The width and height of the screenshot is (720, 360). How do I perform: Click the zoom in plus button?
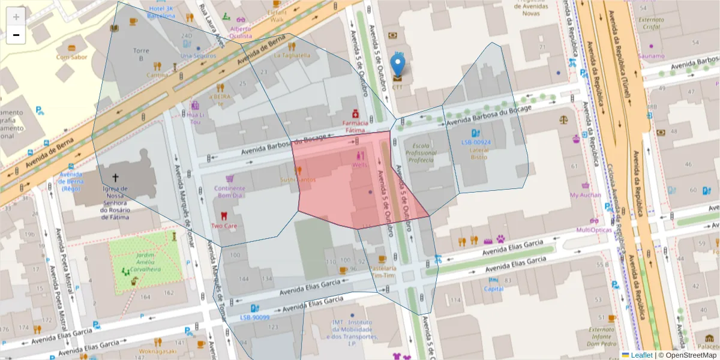click(x=16, y=17)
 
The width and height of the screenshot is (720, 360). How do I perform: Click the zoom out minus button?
click(x=16, y=35)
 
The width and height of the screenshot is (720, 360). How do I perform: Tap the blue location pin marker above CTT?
click(x=397, y=65)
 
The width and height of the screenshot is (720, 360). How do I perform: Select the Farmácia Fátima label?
click(x=355, y=126)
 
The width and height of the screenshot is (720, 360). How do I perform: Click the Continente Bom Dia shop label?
click(x=229, y=191)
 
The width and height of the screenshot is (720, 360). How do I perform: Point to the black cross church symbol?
click(x=115, y=178)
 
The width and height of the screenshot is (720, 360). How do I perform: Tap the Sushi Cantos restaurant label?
click(x=298, y=180)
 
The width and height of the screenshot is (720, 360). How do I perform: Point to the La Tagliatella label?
click(x=292, y=55)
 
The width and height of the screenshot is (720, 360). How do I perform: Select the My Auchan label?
click(x=585, y=195)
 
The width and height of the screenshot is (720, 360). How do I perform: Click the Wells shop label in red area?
click(x=361, y=164)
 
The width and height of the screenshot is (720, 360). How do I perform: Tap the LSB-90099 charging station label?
click(x=254, y=317)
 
